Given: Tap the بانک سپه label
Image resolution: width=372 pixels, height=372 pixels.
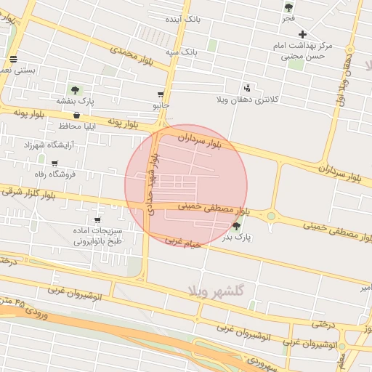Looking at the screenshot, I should point(181,52).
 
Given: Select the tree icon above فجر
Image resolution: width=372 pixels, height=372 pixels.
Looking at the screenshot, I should point(288,7).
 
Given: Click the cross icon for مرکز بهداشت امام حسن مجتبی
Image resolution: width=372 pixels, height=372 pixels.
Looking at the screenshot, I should point(303,34).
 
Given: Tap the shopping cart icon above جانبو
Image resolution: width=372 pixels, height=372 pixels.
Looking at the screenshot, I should point(161,94).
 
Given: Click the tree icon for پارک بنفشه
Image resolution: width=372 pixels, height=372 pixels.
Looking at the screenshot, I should point(76,90).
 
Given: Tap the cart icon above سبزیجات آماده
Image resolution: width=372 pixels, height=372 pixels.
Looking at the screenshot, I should point(97,219).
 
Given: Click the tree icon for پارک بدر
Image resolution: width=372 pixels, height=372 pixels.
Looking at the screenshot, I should point(235,227).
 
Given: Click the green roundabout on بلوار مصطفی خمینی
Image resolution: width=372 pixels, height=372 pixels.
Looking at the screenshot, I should point(272,215).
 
